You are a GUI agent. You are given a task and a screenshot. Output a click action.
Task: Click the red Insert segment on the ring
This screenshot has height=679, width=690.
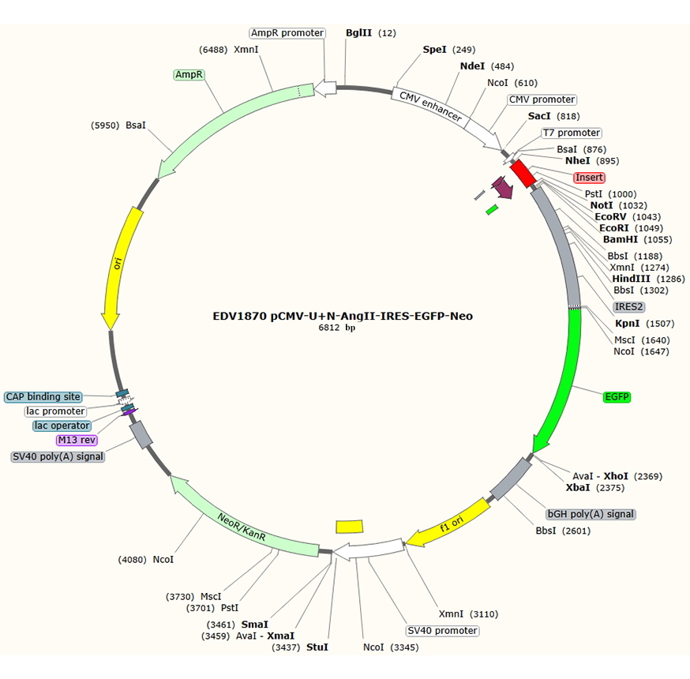click(523, 173)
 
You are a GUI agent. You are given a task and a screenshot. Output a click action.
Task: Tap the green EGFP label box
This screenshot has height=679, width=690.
click(617, 397)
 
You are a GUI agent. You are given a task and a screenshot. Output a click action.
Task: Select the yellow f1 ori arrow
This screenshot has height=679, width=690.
click(448, 523)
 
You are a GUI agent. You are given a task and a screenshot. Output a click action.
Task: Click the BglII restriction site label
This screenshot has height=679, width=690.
click(370, 33)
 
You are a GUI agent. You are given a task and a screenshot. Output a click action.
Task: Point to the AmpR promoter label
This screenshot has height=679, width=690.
click(287, 33)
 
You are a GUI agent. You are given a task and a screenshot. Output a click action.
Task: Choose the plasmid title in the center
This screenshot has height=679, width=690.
click(343, 316)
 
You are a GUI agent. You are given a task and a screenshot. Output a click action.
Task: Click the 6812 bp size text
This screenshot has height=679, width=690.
click(336, 328)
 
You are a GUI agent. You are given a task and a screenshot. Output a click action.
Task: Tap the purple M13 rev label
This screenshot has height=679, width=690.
click(77, 440)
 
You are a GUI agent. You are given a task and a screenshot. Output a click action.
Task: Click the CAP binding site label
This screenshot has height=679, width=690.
click(43, 397)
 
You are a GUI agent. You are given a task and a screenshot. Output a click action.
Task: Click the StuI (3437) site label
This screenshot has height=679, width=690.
click(300, 647)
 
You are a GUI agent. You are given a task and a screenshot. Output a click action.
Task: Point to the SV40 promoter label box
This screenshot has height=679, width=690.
click(442, 631)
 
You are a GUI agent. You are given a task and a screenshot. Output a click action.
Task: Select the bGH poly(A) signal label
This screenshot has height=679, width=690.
click(591, 514)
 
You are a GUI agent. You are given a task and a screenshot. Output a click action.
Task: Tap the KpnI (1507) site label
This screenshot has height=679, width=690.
click(645, 324)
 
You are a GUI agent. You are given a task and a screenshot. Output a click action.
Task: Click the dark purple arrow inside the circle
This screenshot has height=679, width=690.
click(502, 187)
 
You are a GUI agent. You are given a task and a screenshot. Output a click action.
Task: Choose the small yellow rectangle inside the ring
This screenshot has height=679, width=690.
click(350, 527)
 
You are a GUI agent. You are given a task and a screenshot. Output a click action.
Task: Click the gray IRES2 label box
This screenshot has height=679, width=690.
click(629, 306)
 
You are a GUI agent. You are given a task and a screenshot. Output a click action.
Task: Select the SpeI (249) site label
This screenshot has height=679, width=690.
click(449, 50)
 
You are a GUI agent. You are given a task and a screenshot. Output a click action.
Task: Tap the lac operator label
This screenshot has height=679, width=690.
click(62, 426)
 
